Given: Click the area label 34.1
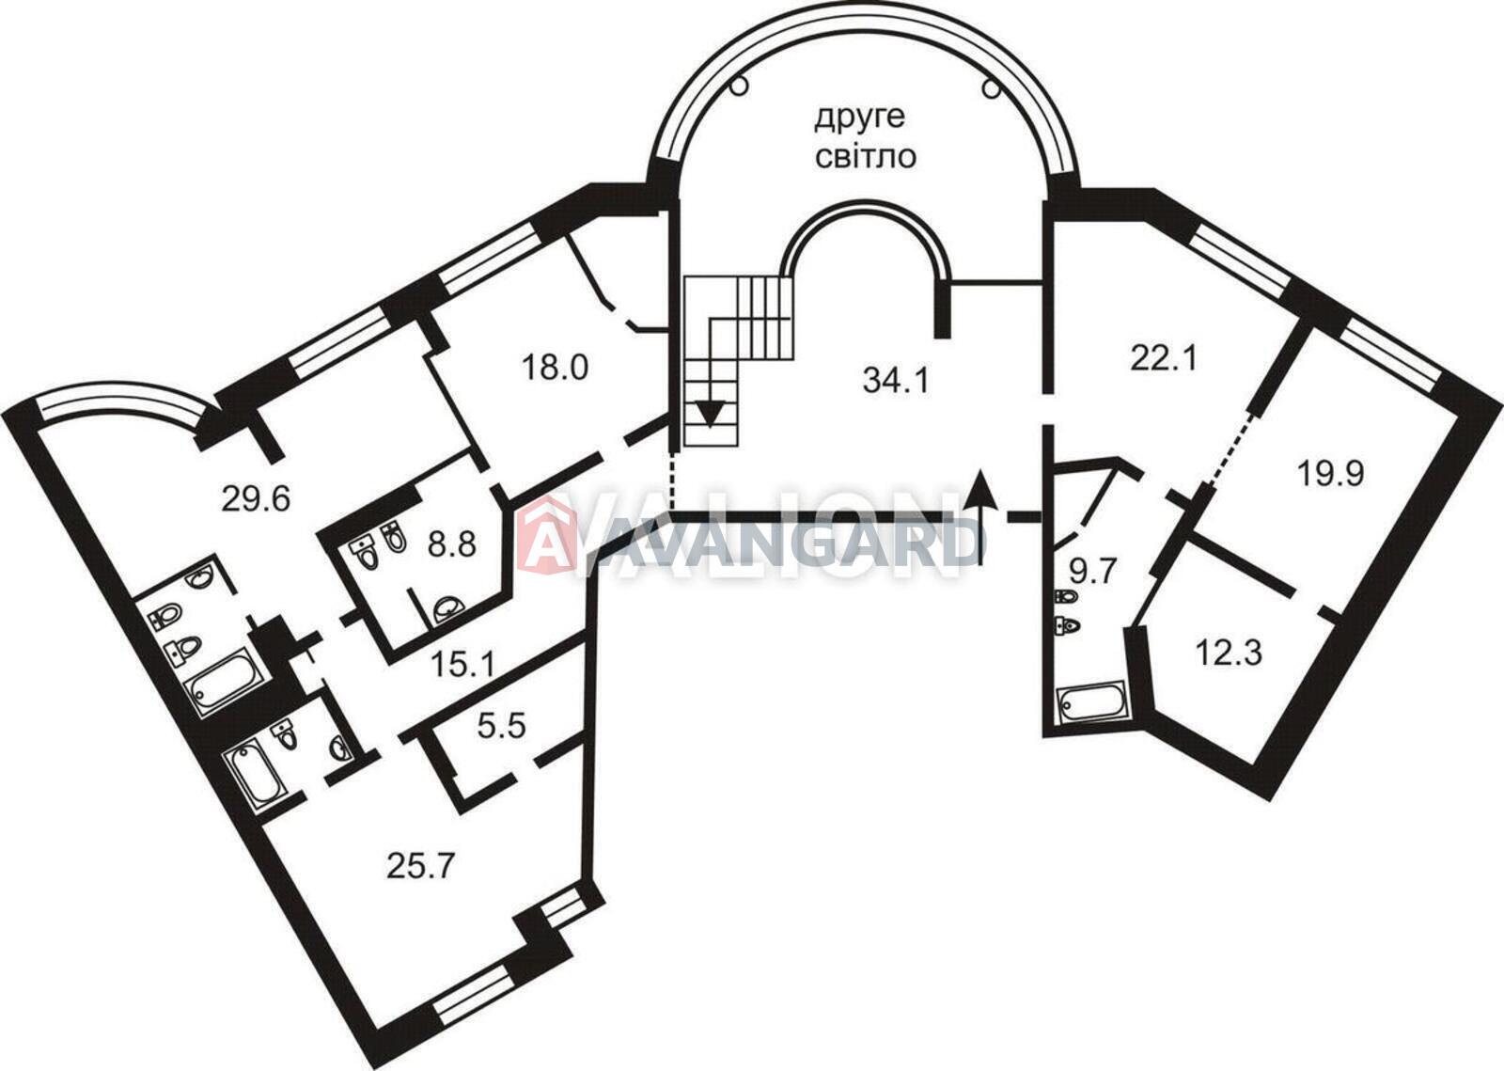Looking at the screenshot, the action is (x=896, y=381).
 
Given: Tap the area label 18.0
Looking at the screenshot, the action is (x=556, y=368).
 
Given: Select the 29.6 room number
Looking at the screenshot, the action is (x=256, y=499).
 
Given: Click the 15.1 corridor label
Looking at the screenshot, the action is (x=462, y=665).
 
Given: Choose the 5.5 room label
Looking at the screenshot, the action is (x=502, y=726).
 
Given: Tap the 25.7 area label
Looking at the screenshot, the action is (x=421, y=865).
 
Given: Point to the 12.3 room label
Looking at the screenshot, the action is (x=1230, y=653).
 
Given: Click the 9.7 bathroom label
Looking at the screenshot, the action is (x=1092, y=572).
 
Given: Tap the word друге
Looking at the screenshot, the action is (x=860, y=119).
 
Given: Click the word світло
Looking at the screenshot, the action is (x=866, y=156).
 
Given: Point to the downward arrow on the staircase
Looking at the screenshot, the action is (x=711, y=412).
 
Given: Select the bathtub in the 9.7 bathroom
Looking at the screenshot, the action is (x=1091, y=702).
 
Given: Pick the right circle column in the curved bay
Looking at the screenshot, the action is (x=991, y=88).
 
